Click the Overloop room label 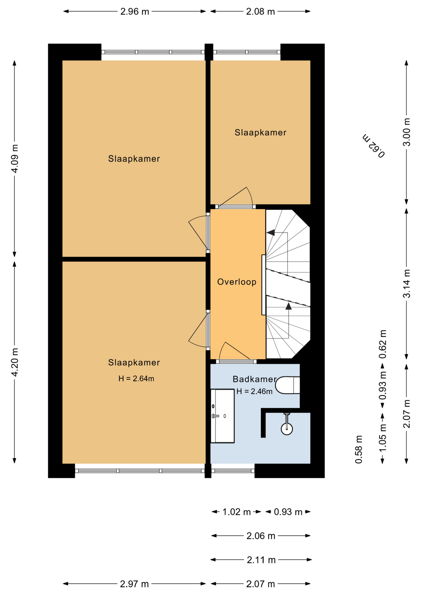[237, 282]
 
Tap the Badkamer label [255, 379]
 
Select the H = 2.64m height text [136, 378]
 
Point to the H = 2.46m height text [254, 391]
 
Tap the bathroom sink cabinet [222, 416]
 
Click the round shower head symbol [287, 429]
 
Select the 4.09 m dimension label [15, 158]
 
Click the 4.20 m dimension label [15, 362]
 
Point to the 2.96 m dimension [135, 11]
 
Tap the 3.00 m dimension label [406, 132]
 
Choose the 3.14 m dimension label [406, 284]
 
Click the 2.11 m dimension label [261, 560]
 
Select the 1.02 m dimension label [237, 512]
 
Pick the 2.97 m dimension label [135, 584]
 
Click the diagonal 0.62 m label [374, 146]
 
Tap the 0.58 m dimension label [359, 449]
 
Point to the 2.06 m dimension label [261, 536]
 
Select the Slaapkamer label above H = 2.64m [134, 362]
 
